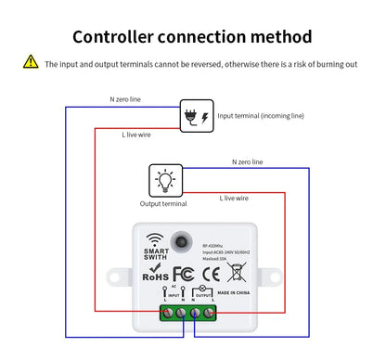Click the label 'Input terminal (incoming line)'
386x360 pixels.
click(261, 116)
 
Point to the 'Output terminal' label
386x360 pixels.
click(163, 203)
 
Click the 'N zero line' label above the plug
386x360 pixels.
click(126, 97)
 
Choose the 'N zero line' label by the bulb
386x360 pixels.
click(247, 161)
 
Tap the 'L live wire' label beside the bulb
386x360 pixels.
click(234, 198)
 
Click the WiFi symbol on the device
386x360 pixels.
click(154, 236)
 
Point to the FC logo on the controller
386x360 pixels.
click(183, 274)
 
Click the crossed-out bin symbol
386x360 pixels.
click(237, 272)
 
